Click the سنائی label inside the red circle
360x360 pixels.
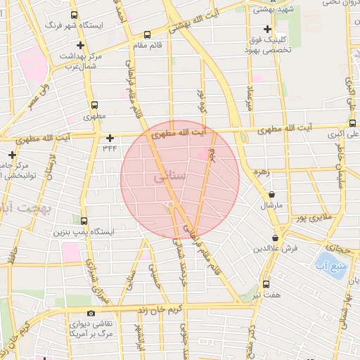[x=169, y=179]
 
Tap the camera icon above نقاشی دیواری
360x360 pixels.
[x=91, y=313]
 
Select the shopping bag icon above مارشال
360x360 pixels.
[x=272, y=194]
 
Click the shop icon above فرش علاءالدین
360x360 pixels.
[x=275, y=238]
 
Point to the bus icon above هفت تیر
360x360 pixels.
[x=266, y=284]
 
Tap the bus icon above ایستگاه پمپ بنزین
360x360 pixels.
[x=84, y=221]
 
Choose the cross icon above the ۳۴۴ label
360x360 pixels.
[x=110, y=137]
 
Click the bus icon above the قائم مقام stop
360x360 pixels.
[x=146, y=34]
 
